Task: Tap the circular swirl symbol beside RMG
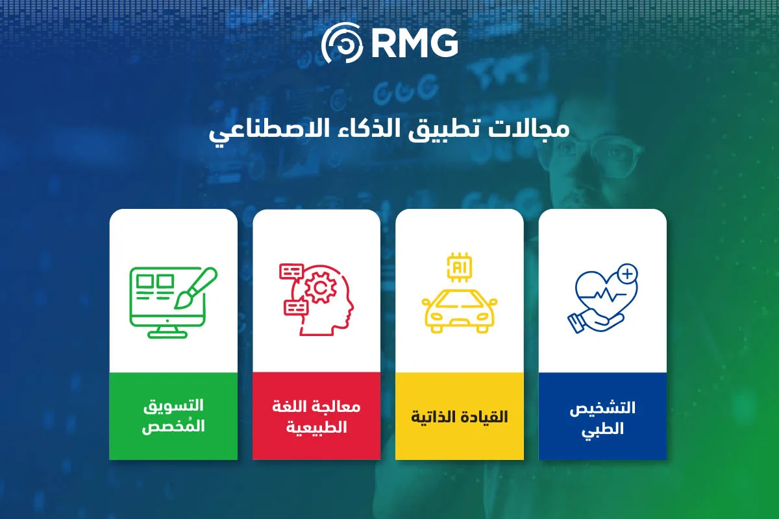coord(342,43)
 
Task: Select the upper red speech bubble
coord(291,271)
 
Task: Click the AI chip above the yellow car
coord(459,267)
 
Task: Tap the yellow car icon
coord(459,311)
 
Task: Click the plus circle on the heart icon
coord(627,274)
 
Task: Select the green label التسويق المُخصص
coord(173,416)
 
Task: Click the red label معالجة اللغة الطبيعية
coord(316,416)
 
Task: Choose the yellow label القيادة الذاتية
coord(460,416)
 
